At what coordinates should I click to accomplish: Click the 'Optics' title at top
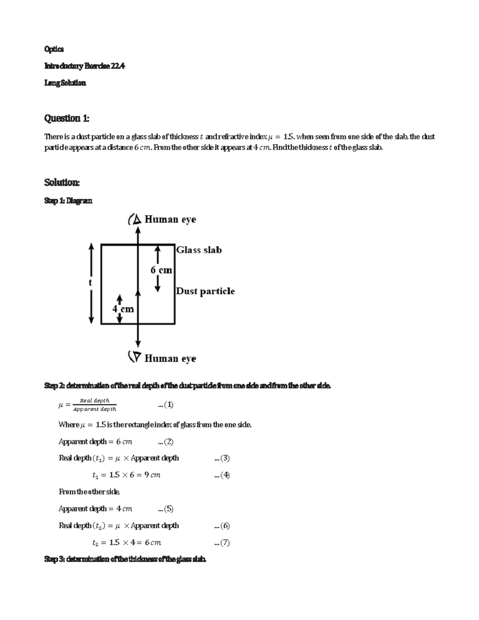[x=54, y=49]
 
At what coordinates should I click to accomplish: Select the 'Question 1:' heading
[x=67, y=118]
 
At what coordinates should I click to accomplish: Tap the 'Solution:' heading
[x=62, y=182]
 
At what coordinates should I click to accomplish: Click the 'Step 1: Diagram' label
[x=68, y=201]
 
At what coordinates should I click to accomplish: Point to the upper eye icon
[x=135, y=219]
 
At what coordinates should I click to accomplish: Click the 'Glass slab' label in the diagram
[x=199, y=250]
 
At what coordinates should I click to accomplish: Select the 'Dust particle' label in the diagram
[x=205, y=291]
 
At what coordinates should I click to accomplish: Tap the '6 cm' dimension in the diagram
[x=161, y=270]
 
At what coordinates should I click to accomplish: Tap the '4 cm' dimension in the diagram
[x=123, y=309]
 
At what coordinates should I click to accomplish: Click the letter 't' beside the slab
[x=90, y=283]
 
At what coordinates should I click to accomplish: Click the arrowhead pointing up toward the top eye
[x=138, y=230]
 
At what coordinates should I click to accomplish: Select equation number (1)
[x=166, y=405]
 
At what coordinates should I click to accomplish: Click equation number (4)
[x=222, y=475]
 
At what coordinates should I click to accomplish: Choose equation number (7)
[x=222, y=543]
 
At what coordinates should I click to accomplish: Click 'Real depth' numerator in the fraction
[x=95, y=400]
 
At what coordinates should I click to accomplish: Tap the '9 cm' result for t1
[x=152, y=475]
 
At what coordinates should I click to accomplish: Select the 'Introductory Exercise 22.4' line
[x=85, y=66]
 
